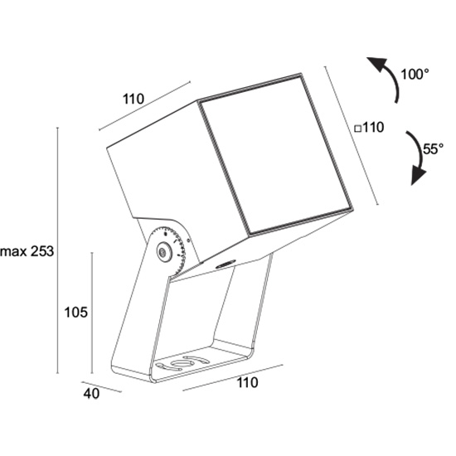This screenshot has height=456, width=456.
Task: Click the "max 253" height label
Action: click(x=27, y=251)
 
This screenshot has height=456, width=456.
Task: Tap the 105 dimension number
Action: click(x=75, y=313)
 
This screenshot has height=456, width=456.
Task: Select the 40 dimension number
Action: click(x=91, y=394)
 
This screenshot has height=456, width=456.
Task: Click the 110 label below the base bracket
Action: click(x=248, y=382)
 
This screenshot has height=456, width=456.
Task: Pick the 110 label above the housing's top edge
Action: click(x=133, y=99)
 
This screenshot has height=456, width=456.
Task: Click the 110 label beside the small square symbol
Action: click(x=373, y=128)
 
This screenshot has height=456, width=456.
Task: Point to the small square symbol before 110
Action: click(x=358, y=129)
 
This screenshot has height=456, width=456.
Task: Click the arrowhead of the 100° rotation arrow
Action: click(x=376, y=65)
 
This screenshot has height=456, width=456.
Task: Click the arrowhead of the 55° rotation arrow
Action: click(x=418, y=177)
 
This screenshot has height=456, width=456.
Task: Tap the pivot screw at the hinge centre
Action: click(x=163, y=250)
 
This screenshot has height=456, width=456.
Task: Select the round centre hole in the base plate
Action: click(x=182, y=363)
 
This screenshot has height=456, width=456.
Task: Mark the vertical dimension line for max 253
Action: click(x=57, y=250)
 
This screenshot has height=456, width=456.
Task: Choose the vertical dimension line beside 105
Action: click(x=92, y=313)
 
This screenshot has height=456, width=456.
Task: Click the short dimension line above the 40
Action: click(x=101, y=387)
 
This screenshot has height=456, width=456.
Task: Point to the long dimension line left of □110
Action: click(x=352, y=135)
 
